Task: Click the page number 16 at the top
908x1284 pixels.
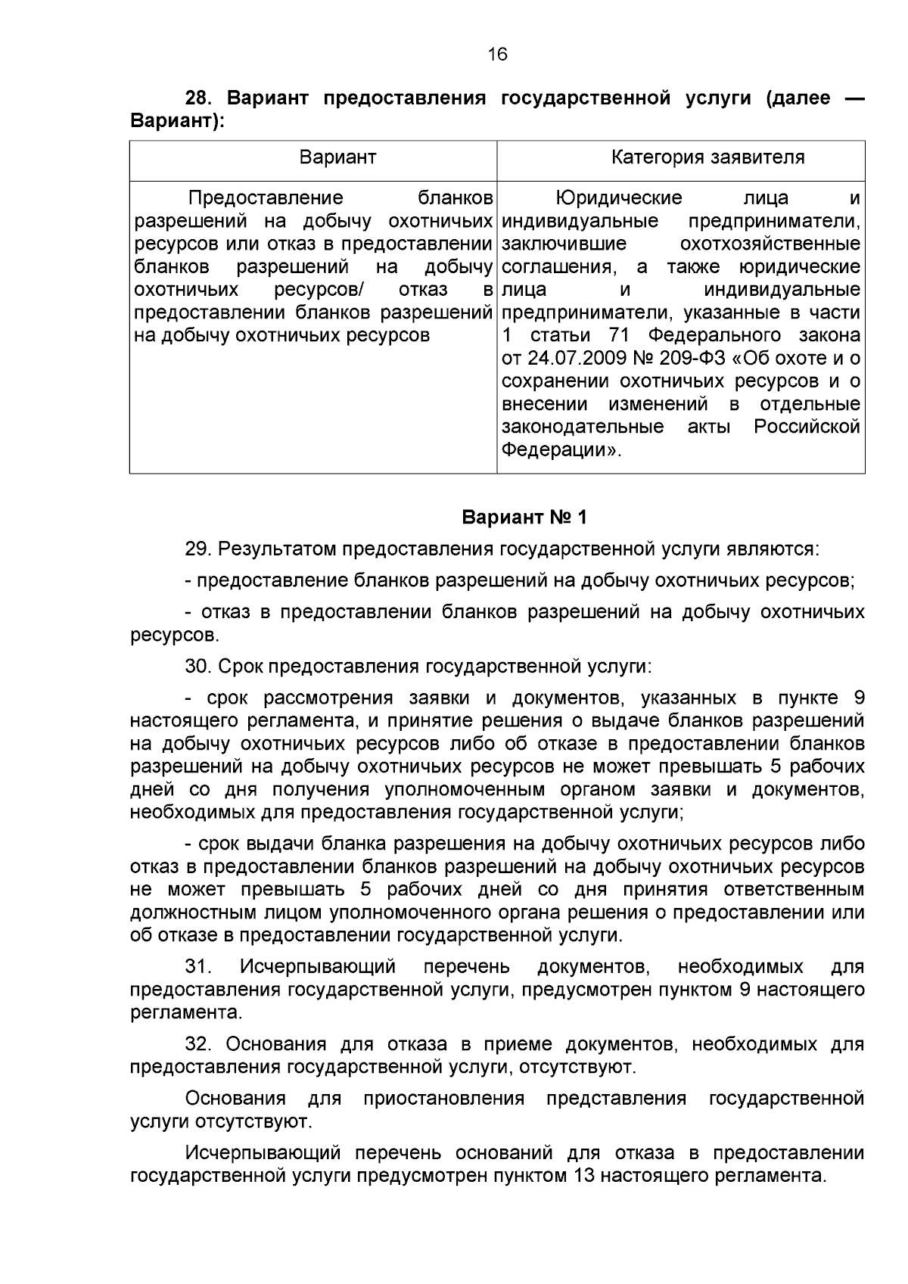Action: pyautogui.click(x=497, y=54)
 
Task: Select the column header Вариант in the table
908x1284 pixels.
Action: pyautogui.click(x=337, y=157)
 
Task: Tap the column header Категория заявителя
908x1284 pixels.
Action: pyautogui.click(x=707, y=157)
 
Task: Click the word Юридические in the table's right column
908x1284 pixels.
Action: pyautogui.click(x=618, y=198)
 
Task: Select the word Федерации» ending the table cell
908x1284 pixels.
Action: pyautogui.click(x=561, y=450)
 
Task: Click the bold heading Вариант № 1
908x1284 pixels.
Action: pyautogui.click(x=524, y=518)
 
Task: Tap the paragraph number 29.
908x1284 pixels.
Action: pyautogui.click(x=198, y=549)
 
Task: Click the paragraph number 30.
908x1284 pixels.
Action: pyautogui.click(x=198, y=667)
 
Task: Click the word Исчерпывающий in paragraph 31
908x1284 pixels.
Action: pyautogui.click(x=318, y=967)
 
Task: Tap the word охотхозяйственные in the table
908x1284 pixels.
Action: pyautogui.click(x=770, y=244)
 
